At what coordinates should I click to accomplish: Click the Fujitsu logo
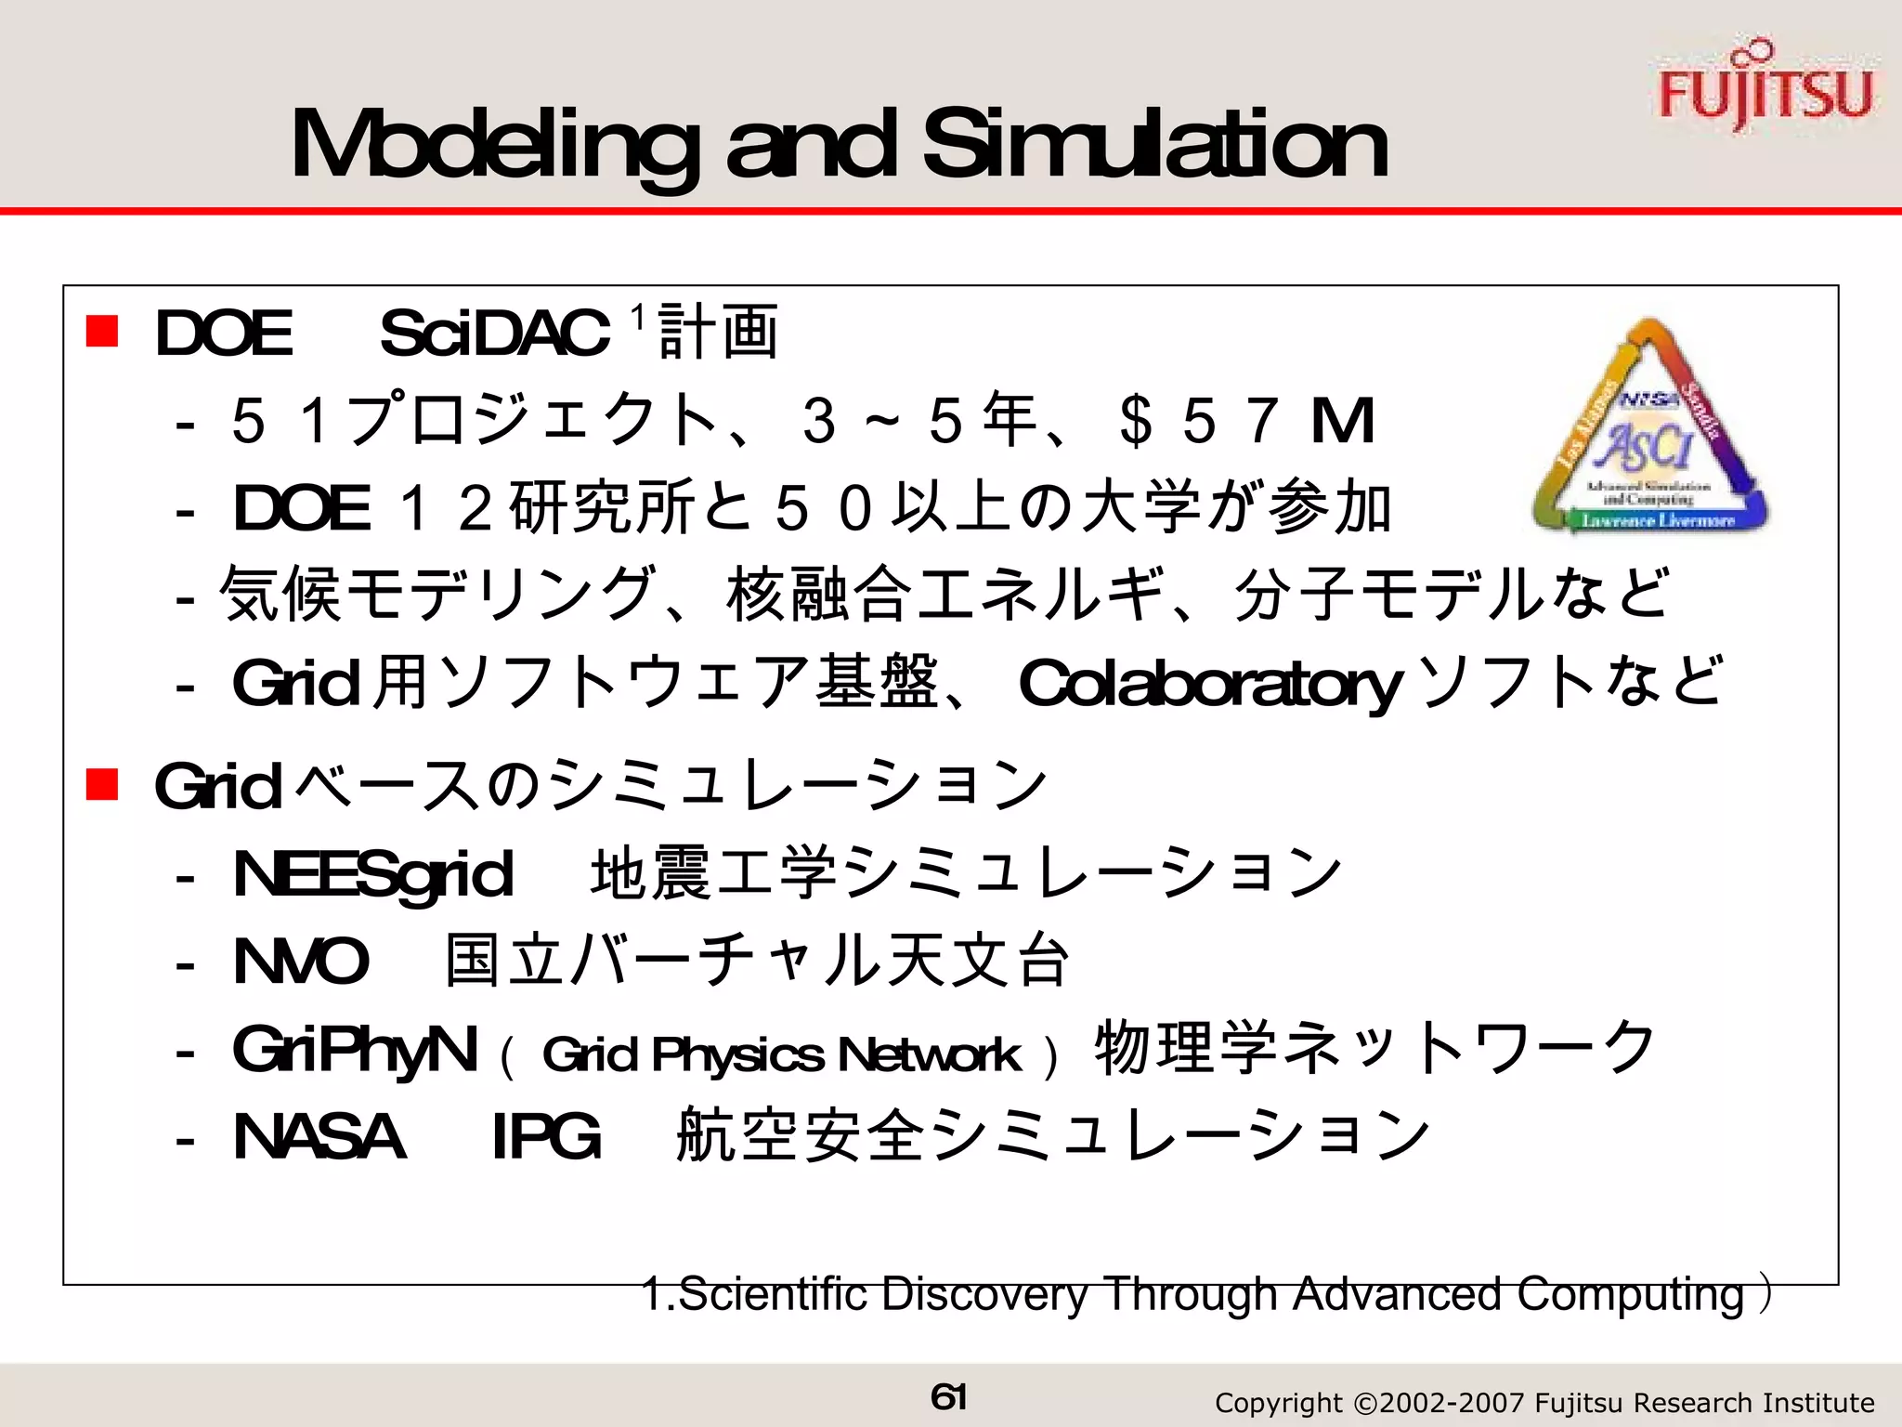1765,88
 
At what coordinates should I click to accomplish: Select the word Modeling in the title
493,146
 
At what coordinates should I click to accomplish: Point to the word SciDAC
494,334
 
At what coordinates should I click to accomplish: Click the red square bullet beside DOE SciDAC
102,332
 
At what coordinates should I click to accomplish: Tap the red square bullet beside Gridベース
102,784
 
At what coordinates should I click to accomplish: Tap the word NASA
319,1136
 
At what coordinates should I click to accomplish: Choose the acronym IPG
546,1136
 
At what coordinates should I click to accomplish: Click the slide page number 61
948,1396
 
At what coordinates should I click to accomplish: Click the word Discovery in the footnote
985,1294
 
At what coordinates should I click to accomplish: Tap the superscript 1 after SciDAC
637,319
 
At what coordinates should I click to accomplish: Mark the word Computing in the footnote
1631,1294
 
